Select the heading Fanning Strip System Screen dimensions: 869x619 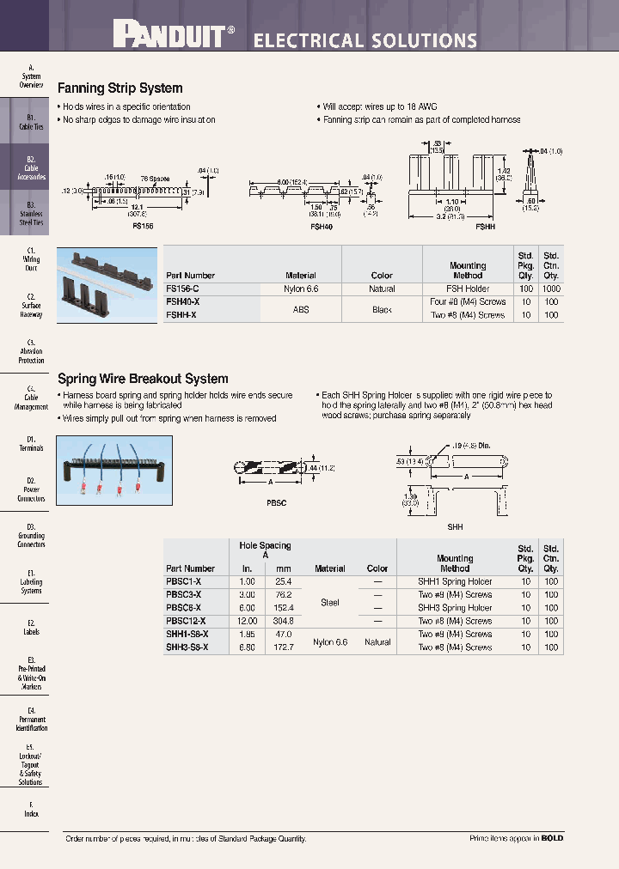click(x=120, y=88)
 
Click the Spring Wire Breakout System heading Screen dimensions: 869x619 click(x=143, y=379)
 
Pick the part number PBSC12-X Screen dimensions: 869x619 click(x=185, y=621)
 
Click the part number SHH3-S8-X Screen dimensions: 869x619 click(x=187, y=647)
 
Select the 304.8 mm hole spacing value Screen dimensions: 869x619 click(x=282, y=621)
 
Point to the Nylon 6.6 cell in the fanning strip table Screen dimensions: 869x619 click(x=300, y=289)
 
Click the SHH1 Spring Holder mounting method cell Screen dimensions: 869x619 click(x=455, y=581)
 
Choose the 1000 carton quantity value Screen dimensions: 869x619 click(x=551, y=289)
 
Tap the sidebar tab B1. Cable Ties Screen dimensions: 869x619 click(x=31, y=122)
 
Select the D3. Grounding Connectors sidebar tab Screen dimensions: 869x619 click(x=31, y=536)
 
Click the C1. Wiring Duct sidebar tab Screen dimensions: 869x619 click(x=31, y=258)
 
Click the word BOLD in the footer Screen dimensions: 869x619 click(x=552, y=838)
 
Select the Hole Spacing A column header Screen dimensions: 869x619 click(x=264, y=550)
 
